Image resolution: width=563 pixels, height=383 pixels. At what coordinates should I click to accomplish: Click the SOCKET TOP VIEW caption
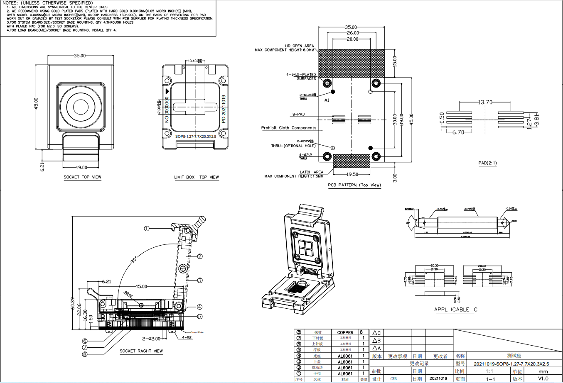point(82,177)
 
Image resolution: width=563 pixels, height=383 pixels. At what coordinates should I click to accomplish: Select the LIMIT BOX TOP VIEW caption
point(197,177)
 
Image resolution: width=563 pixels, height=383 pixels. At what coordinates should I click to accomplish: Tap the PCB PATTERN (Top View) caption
point(354,185)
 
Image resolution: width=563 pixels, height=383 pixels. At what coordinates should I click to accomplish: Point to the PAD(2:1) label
point(487,163)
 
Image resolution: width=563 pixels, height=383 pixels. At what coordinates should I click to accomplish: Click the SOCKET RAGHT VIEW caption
point(141,351)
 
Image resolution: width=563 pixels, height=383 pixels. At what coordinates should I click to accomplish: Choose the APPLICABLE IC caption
point(455,310)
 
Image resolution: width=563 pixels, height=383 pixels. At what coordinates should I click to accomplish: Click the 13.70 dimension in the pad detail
point(485,102)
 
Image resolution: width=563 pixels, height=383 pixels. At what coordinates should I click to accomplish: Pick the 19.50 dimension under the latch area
point(352,174)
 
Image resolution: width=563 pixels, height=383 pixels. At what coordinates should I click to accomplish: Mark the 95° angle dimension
point(134,260)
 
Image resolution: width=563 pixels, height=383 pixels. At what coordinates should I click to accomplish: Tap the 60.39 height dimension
point(73,303)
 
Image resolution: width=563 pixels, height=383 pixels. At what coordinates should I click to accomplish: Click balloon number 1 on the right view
point(147,228)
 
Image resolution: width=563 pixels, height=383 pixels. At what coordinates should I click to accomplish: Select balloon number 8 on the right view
point(85,354)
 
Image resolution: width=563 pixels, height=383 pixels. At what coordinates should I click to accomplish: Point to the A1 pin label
point(327,100)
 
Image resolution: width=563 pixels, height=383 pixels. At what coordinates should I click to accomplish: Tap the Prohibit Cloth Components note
point(289,128)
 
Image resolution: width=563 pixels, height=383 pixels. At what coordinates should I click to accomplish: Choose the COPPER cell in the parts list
point(345,332)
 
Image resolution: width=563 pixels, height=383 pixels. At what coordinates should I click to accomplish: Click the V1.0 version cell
point(543,378)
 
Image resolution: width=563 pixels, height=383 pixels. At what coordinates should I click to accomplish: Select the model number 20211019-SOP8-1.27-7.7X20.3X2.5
point(511,364)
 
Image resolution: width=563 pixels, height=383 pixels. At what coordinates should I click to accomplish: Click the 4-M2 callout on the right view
point(187,337)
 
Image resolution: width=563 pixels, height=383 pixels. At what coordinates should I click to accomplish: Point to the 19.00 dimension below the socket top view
point(81,168)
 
